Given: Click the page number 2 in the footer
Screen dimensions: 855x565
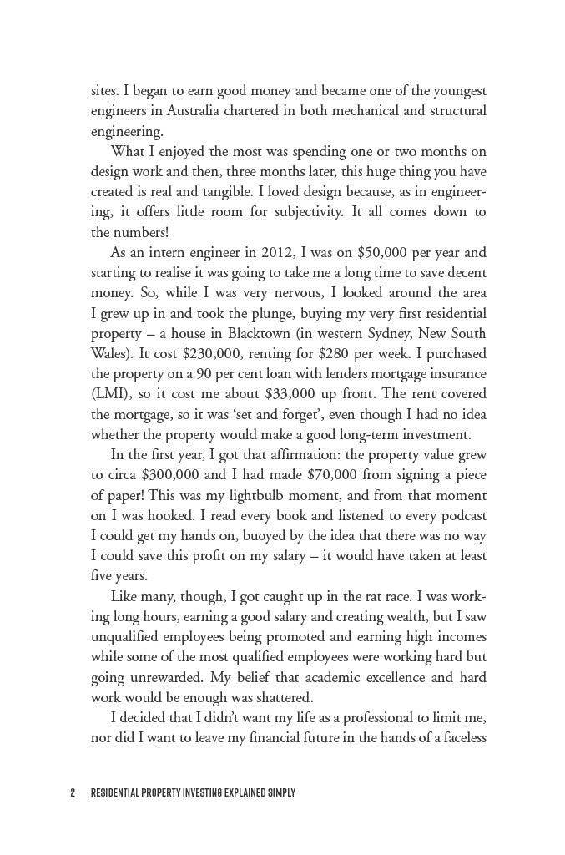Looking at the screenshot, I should pyautogui.click(x=73, y=792).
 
